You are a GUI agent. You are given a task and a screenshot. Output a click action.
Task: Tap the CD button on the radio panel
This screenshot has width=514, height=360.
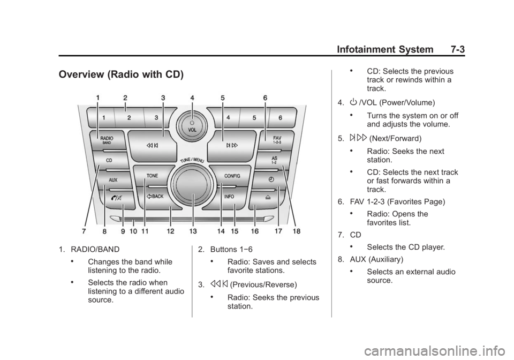(109, 161)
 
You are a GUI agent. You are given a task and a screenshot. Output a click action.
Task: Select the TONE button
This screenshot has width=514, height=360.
(153, 176)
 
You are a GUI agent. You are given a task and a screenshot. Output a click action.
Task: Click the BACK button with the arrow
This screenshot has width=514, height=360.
(155, 197)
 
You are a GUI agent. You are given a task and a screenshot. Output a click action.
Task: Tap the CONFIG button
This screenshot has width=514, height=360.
(232, 176)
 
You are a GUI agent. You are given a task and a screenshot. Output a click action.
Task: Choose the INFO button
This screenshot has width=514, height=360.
(229, 197)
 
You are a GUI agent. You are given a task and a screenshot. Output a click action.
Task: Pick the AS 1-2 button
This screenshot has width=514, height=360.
(274, 161)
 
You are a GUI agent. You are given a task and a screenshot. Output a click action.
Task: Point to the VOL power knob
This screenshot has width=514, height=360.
(192, 126)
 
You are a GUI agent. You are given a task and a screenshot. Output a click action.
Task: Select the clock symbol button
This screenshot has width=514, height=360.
(270, 180)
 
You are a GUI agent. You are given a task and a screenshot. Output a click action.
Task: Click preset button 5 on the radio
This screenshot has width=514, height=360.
(254, 117)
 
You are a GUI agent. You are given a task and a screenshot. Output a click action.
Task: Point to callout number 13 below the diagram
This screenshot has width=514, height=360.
(193, 231)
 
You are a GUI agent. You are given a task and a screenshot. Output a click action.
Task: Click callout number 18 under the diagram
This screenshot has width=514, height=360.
(297, 231)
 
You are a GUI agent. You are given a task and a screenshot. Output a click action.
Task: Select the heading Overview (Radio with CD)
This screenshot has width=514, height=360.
(122, 75)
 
